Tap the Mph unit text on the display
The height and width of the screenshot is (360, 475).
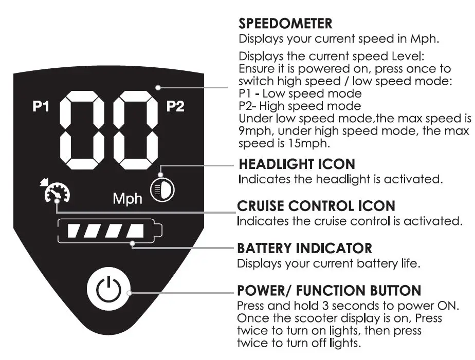(127, 198)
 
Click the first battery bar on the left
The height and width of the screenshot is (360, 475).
(78, 231)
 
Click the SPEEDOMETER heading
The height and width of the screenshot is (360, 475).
(285, 24)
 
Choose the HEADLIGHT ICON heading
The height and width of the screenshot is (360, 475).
(296, 165)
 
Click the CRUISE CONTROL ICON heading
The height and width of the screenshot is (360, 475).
(316, 206)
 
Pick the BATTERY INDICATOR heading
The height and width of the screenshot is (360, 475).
(304, 249)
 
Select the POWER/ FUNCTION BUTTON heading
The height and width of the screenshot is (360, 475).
(329, 291)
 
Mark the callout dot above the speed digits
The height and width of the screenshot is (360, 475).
(158, 87)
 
